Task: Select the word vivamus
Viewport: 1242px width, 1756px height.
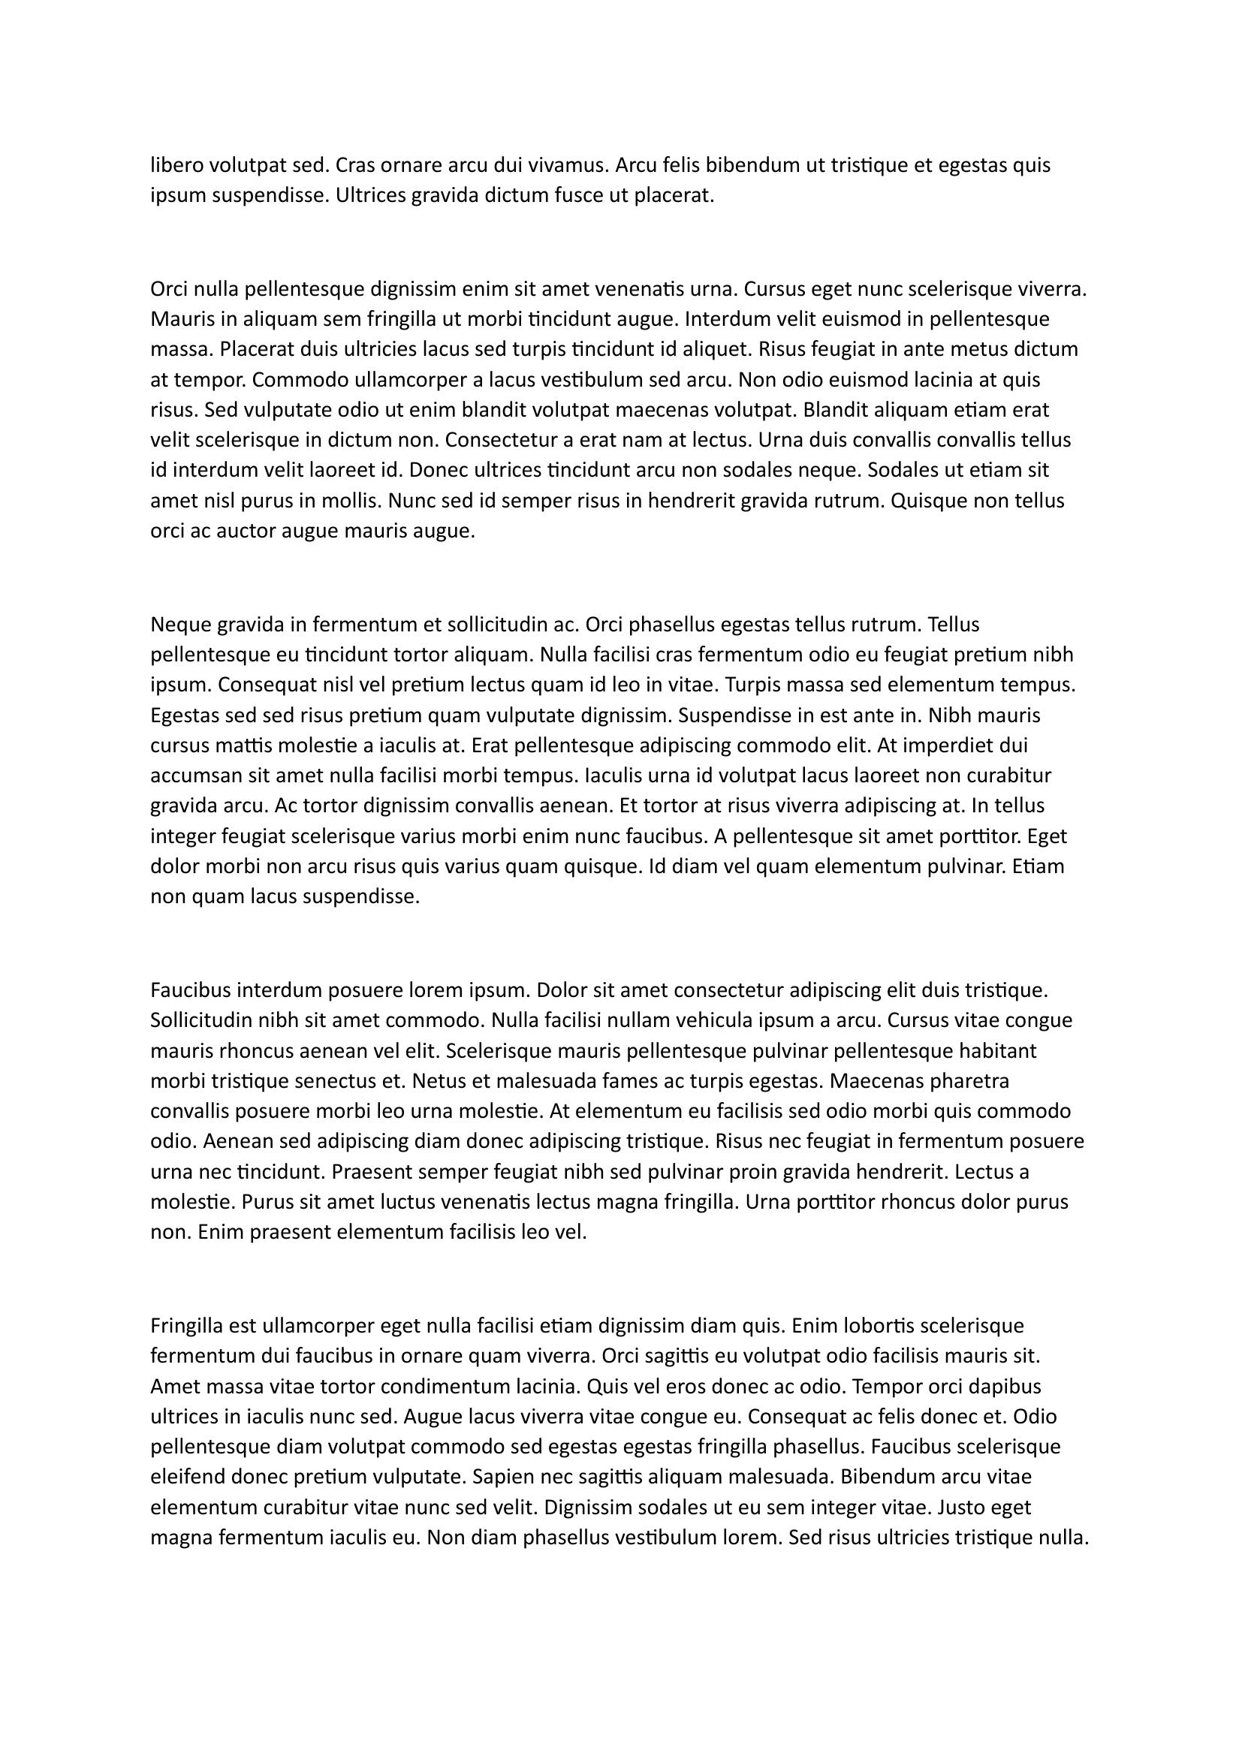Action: tap(568, 165)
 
